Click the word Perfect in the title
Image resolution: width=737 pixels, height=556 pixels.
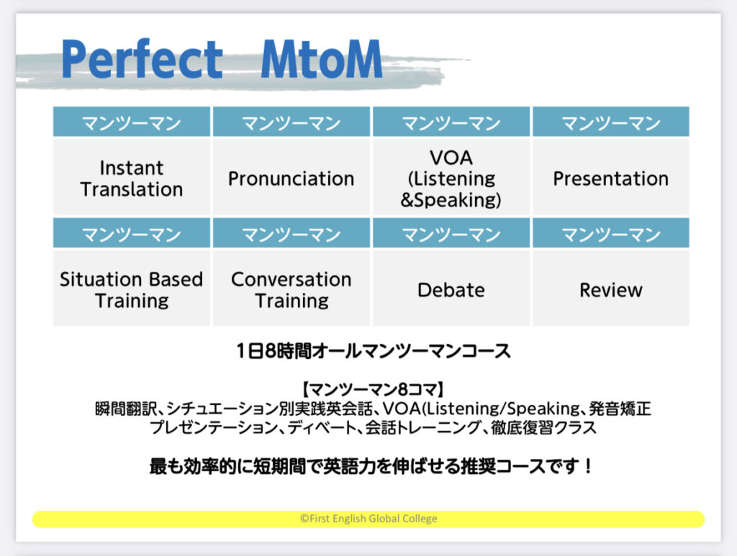(142, 59)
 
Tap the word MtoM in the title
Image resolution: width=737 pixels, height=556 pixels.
(322, 59)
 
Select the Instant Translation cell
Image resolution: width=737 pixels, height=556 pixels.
(132, 178)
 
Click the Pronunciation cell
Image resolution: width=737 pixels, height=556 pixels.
(291, 178)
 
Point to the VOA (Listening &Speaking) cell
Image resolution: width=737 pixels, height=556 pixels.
(451, 178)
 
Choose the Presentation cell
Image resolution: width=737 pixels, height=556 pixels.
(611, 178)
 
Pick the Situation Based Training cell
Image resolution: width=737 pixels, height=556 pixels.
(132, 289)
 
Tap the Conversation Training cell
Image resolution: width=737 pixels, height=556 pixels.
(291, 289)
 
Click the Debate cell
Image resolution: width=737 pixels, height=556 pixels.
(451, 289)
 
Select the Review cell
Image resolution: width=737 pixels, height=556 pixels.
(611, 289)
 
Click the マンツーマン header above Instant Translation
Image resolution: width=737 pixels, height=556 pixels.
(132, 122)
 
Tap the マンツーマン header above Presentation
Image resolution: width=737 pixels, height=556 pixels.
(611, 122)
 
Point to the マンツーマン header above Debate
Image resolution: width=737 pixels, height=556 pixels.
(451, 233)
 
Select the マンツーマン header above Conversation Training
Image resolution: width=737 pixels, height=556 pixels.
(291, 233)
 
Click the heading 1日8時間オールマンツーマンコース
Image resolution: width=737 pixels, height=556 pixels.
(374, 351)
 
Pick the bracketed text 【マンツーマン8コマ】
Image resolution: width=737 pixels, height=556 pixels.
(374, 389)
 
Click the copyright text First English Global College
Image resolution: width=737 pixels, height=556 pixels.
(368, 519)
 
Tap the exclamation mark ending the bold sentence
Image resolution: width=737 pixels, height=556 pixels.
(588, 466)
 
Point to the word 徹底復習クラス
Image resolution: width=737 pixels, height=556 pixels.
(544, 428)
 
